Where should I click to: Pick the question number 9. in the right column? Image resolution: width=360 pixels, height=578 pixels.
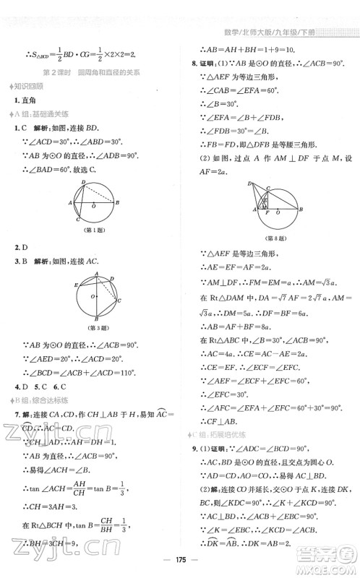point(194,447)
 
